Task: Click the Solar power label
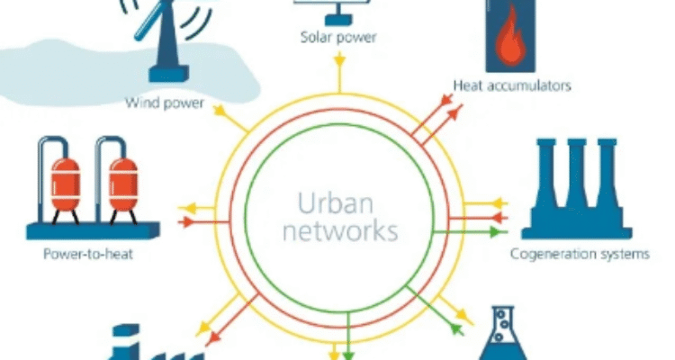(337, 39)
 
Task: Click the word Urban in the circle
(337, 199)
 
